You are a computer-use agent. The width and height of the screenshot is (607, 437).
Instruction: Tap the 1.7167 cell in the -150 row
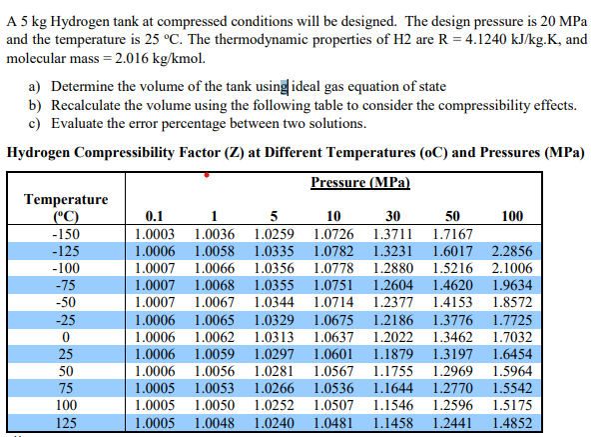[450, 234]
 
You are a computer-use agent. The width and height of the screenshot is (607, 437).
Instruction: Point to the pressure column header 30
[390, 216]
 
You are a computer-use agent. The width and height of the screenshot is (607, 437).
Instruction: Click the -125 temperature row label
[64, 251]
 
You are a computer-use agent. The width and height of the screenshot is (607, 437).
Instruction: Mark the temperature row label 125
[64, 423]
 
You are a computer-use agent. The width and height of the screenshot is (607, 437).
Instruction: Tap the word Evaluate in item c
[82, 123]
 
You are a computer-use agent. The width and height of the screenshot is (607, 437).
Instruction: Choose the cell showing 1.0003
[155, 234]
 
